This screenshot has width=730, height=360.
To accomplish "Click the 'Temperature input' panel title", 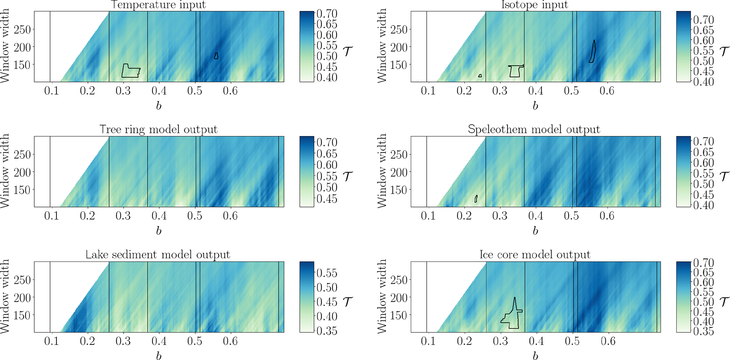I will (158, 5).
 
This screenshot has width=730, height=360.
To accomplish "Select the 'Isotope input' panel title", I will (535, 5).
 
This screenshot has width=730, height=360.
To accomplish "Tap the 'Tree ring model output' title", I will (158, 129).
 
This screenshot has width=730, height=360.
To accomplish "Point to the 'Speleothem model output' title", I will (534, 129).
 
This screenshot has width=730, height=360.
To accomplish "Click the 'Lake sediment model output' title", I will (158, 255).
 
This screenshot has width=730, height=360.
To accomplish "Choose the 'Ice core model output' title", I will (535, 255).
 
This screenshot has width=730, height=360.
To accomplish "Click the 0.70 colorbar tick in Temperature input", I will (327, 14).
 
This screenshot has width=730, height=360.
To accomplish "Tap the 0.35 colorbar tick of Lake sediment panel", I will (327, 331).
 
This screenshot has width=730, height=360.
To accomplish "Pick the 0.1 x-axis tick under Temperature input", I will (52, 91).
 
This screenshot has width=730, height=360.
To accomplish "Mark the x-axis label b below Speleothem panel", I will (535, 231).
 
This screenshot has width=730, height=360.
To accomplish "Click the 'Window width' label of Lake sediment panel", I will (5, 296).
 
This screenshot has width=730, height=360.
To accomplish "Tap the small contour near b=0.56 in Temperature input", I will (216, 56).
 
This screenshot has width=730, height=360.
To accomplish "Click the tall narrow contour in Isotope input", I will (592, 52).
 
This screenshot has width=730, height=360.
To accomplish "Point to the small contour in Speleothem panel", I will (476, 199).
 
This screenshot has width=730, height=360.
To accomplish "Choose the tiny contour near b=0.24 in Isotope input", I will (480, 76).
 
